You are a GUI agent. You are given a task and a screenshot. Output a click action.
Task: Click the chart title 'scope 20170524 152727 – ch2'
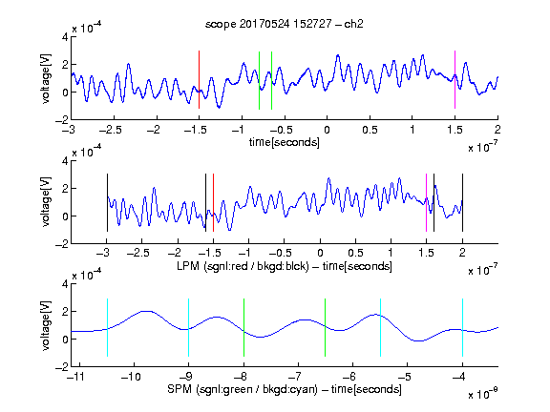(x=285, y=24)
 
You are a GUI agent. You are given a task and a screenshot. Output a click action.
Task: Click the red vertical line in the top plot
(x=199, y=80)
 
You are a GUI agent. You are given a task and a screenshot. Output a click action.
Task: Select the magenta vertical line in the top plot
(x=455, y=80)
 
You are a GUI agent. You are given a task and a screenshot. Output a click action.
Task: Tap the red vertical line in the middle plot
(x=213, y=202)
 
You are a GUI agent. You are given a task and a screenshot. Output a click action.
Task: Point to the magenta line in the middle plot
(x=426, y=202)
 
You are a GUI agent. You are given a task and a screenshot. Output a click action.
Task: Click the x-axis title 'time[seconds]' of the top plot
(x=285, y=142)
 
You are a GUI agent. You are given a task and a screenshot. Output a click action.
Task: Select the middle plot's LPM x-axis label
(x=285, y=266)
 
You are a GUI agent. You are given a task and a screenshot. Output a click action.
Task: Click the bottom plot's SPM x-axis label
(x=285, y=389)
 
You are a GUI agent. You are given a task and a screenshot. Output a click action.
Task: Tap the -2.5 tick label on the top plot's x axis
(x=111, y=131)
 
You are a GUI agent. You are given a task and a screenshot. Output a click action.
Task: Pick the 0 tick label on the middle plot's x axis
(x=320, y=253)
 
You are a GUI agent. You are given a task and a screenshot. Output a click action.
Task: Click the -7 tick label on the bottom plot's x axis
(x=295, y=377)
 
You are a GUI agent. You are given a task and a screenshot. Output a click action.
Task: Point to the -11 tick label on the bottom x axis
(x=76, y=377)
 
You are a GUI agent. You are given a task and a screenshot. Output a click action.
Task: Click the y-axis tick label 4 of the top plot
(x=65, y=37)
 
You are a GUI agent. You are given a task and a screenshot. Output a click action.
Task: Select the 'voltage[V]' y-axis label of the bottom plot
(x=46, y=325)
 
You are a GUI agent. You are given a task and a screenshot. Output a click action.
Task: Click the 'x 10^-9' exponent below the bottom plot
(x=483, y=394)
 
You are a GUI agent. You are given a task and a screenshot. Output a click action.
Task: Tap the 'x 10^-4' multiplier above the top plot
(x=87, y=27)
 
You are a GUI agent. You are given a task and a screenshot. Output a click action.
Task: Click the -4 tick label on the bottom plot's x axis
(x=459, y=377)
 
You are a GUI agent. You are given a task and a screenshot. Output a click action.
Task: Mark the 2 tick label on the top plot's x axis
(x=497, y=131)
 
